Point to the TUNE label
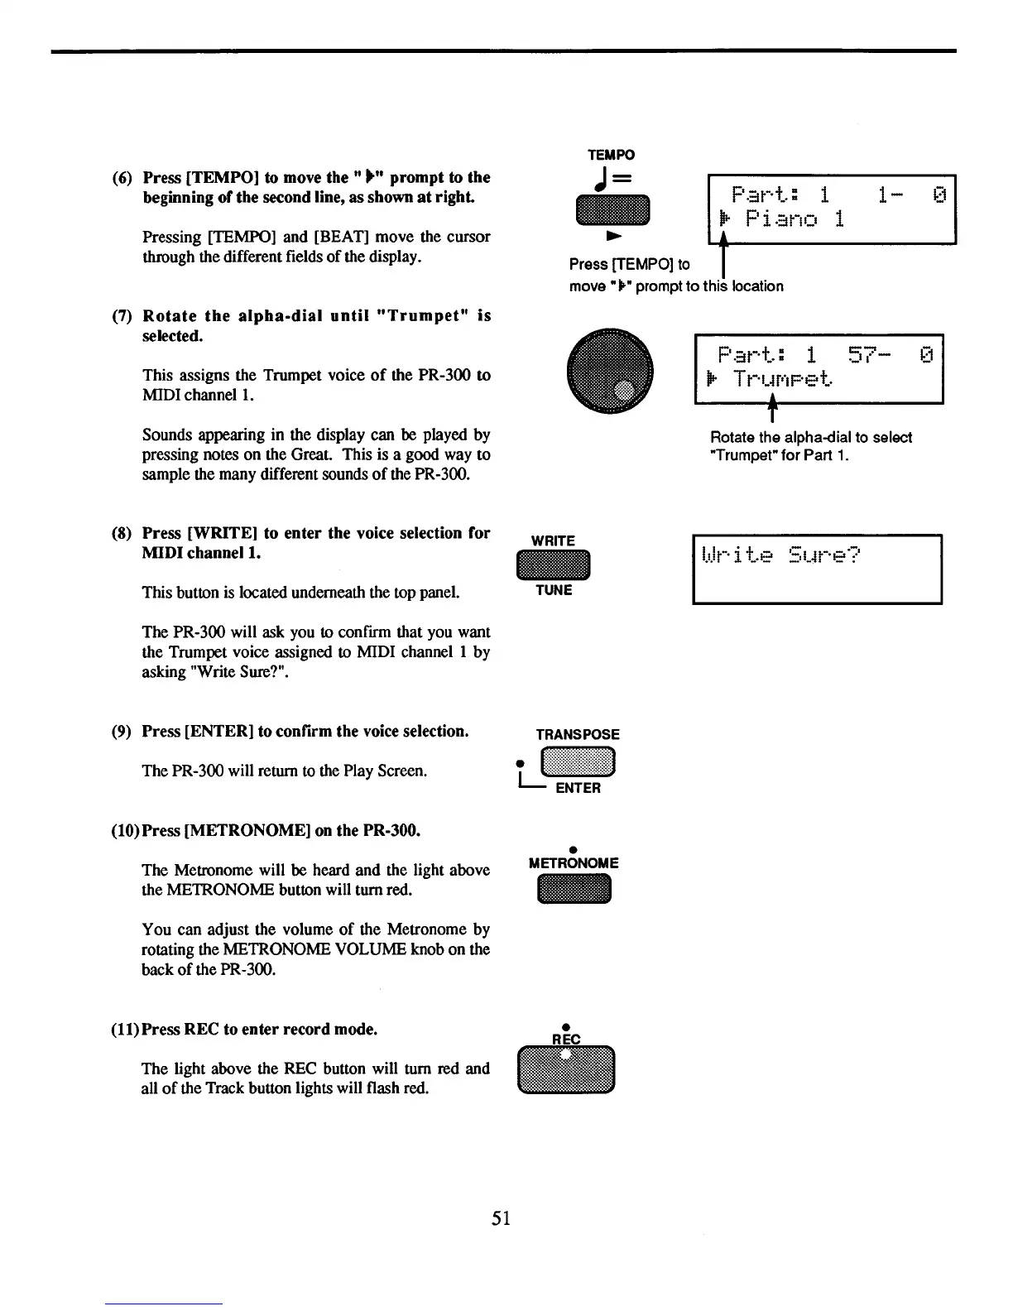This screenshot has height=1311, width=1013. [x=553, y=590]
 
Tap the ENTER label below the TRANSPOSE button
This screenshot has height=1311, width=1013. [x=578, y=788]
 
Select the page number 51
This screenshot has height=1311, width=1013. [x=501, y=1217]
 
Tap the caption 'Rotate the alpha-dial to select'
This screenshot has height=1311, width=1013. [x=811, y=437]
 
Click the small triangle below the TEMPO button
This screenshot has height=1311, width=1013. [x=613, y=237]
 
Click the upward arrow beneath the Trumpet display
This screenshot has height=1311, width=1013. [x=772, y=408]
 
